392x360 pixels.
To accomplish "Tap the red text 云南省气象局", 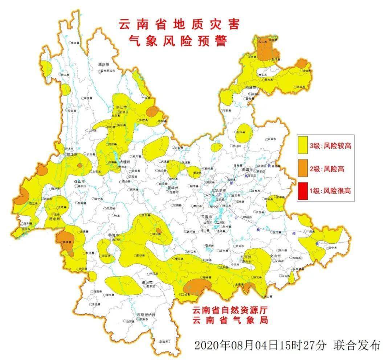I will pos(230,321).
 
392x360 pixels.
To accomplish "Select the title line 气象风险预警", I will pos(179,41).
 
